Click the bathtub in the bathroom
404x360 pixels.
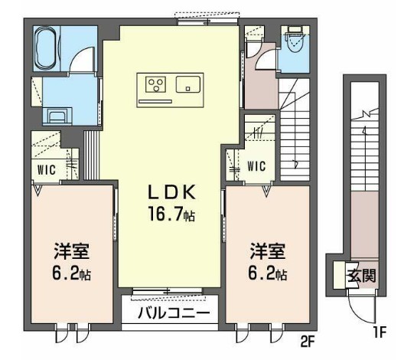pos(45,49)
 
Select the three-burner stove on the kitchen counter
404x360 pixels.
pos(155,84)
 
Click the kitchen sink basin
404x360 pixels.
pos(188,84)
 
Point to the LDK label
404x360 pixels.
pos(171,192)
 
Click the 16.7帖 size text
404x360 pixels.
pos(171,214)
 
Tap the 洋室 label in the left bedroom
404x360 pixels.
pos(72,250)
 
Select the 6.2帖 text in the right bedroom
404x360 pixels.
pos(268,273)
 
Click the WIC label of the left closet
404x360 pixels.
pos(47,170)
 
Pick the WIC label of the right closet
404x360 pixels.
pos(256,165)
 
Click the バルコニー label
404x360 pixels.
pos(174,313)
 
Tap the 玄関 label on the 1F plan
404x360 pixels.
pos(362,277)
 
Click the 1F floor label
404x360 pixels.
pos(380,332)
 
